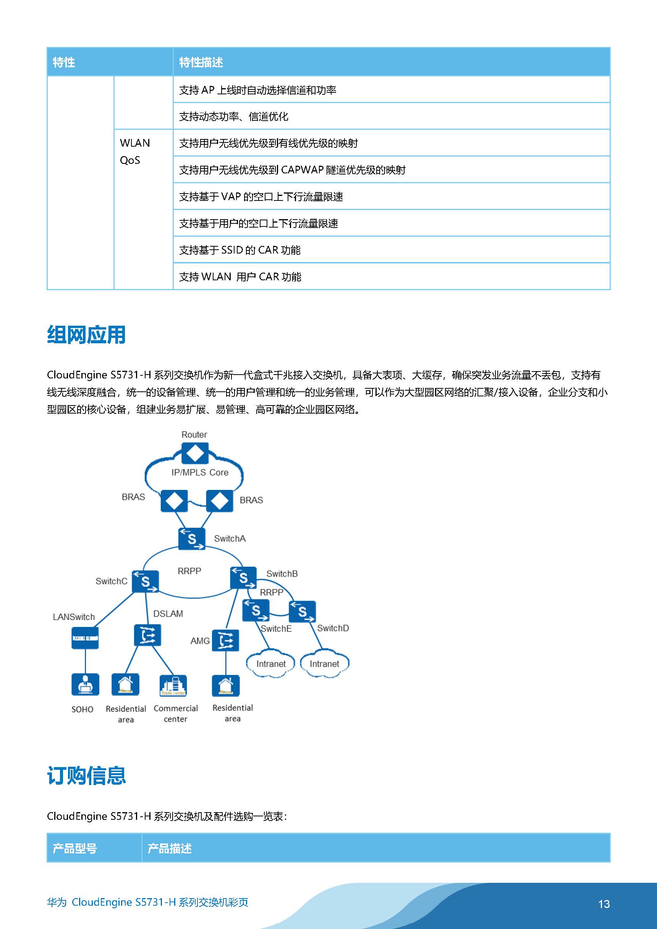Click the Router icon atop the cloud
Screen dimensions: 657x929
coord(195,453)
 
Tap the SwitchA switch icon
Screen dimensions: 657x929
coord(191,538)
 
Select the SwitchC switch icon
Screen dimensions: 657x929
coord(145,582)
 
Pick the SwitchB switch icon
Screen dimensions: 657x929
coord(243,577)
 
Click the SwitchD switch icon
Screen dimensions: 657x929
coord(302,611)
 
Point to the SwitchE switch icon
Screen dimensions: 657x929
coord(256,610)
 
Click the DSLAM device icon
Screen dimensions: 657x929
coord(147,635)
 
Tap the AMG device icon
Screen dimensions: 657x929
coord(225,640)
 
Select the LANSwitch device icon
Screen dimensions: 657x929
coord(85,638)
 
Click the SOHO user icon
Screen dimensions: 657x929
coord(85,684)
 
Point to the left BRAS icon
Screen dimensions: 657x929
coord(174,501)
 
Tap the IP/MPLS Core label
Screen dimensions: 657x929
coord(200,473)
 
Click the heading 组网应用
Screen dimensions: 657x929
coord(86,335)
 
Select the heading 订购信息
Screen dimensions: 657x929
coord(86,776)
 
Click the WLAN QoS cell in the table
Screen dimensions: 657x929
coord(135,151)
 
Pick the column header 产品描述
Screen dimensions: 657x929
coord(170,848)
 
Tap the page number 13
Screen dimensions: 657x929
coord(604,904)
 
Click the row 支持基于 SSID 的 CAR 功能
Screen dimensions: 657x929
coord(239,250)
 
